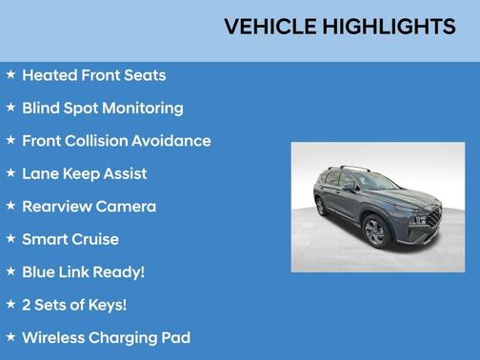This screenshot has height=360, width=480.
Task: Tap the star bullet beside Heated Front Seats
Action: click(x=10, y=74)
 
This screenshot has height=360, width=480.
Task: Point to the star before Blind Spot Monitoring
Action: click(x=10, y=107)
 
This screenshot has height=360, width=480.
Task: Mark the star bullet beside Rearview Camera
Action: click(x=10, y=205)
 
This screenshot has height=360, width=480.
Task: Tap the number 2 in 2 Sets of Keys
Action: click(x=27, y=305)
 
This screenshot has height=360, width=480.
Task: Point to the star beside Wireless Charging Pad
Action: click(x=10, y=336)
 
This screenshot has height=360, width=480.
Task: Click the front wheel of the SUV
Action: click(x=375, y=231)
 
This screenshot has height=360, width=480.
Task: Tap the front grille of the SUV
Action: click(x=432, y=216)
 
